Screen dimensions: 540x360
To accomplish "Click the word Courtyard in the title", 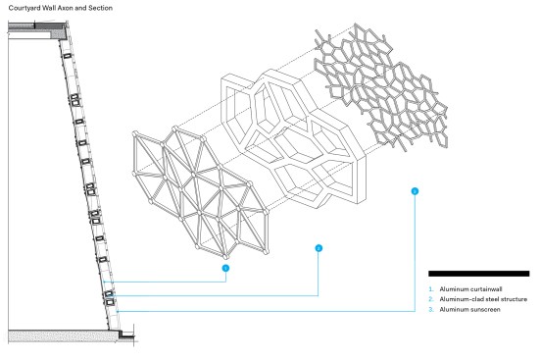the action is click(25, 8).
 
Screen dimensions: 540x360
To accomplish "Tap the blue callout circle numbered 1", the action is click(225, 268).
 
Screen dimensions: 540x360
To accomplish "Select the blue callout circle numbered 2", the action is click(319, 248).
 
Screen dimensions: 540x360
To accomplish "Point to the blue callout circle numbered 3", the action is click(415, 191).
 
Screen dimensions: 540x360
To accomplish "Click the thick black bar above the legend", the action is click(478, 274).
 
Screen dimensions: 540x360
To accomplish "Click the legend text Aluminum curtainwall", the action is click(470, 289).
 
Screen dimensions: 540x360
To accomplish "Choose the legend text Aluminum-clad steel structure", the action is click(483, 299).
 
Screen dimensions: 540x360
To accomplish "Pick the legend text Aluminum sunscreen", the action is click(469, 309).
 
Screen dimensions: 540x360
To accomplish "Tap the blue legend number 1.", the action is click(431, 289).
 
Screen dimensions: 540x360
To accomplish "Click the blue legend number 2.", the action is click(431, 299).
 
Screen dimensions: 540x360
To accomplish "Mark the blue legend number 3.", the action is click(431, 309).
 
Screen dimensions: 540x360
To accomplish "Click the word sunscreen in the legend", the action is click(485, 309).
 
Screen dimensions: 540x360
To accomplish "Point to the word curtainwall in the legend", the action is click(486, 289).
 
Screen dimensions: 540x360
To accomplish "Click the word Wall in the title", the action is click(49, 8).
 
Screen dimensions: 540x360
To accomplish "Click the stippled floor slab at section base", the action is click(62, 335).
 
